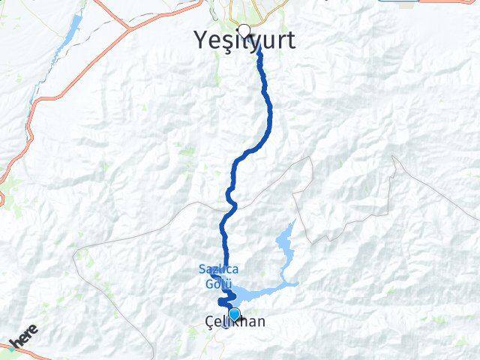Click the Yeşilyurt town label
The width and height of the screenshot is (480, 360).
[x=244, y=40]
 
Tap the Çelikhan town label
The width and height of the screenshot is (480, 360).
[x=234, y=322]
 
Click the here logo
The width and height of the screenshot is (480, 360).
[x=24, y=337]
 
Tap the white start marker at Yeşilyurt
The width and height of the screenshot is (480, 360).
[x=243, y=31]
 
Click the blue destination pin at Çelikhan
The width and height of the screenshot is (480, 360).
[x=235, y=315]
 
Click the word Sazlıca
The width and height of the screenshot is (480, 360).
[x=214, y=269]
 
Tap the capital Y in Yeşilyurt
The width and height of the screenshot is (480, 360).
[x=201, y=40]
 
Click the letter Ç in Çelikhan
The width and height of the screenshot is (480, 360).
[x=209, y=322]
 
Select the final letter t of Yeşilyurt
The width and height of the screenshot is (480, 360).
[x=290, y=40]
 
